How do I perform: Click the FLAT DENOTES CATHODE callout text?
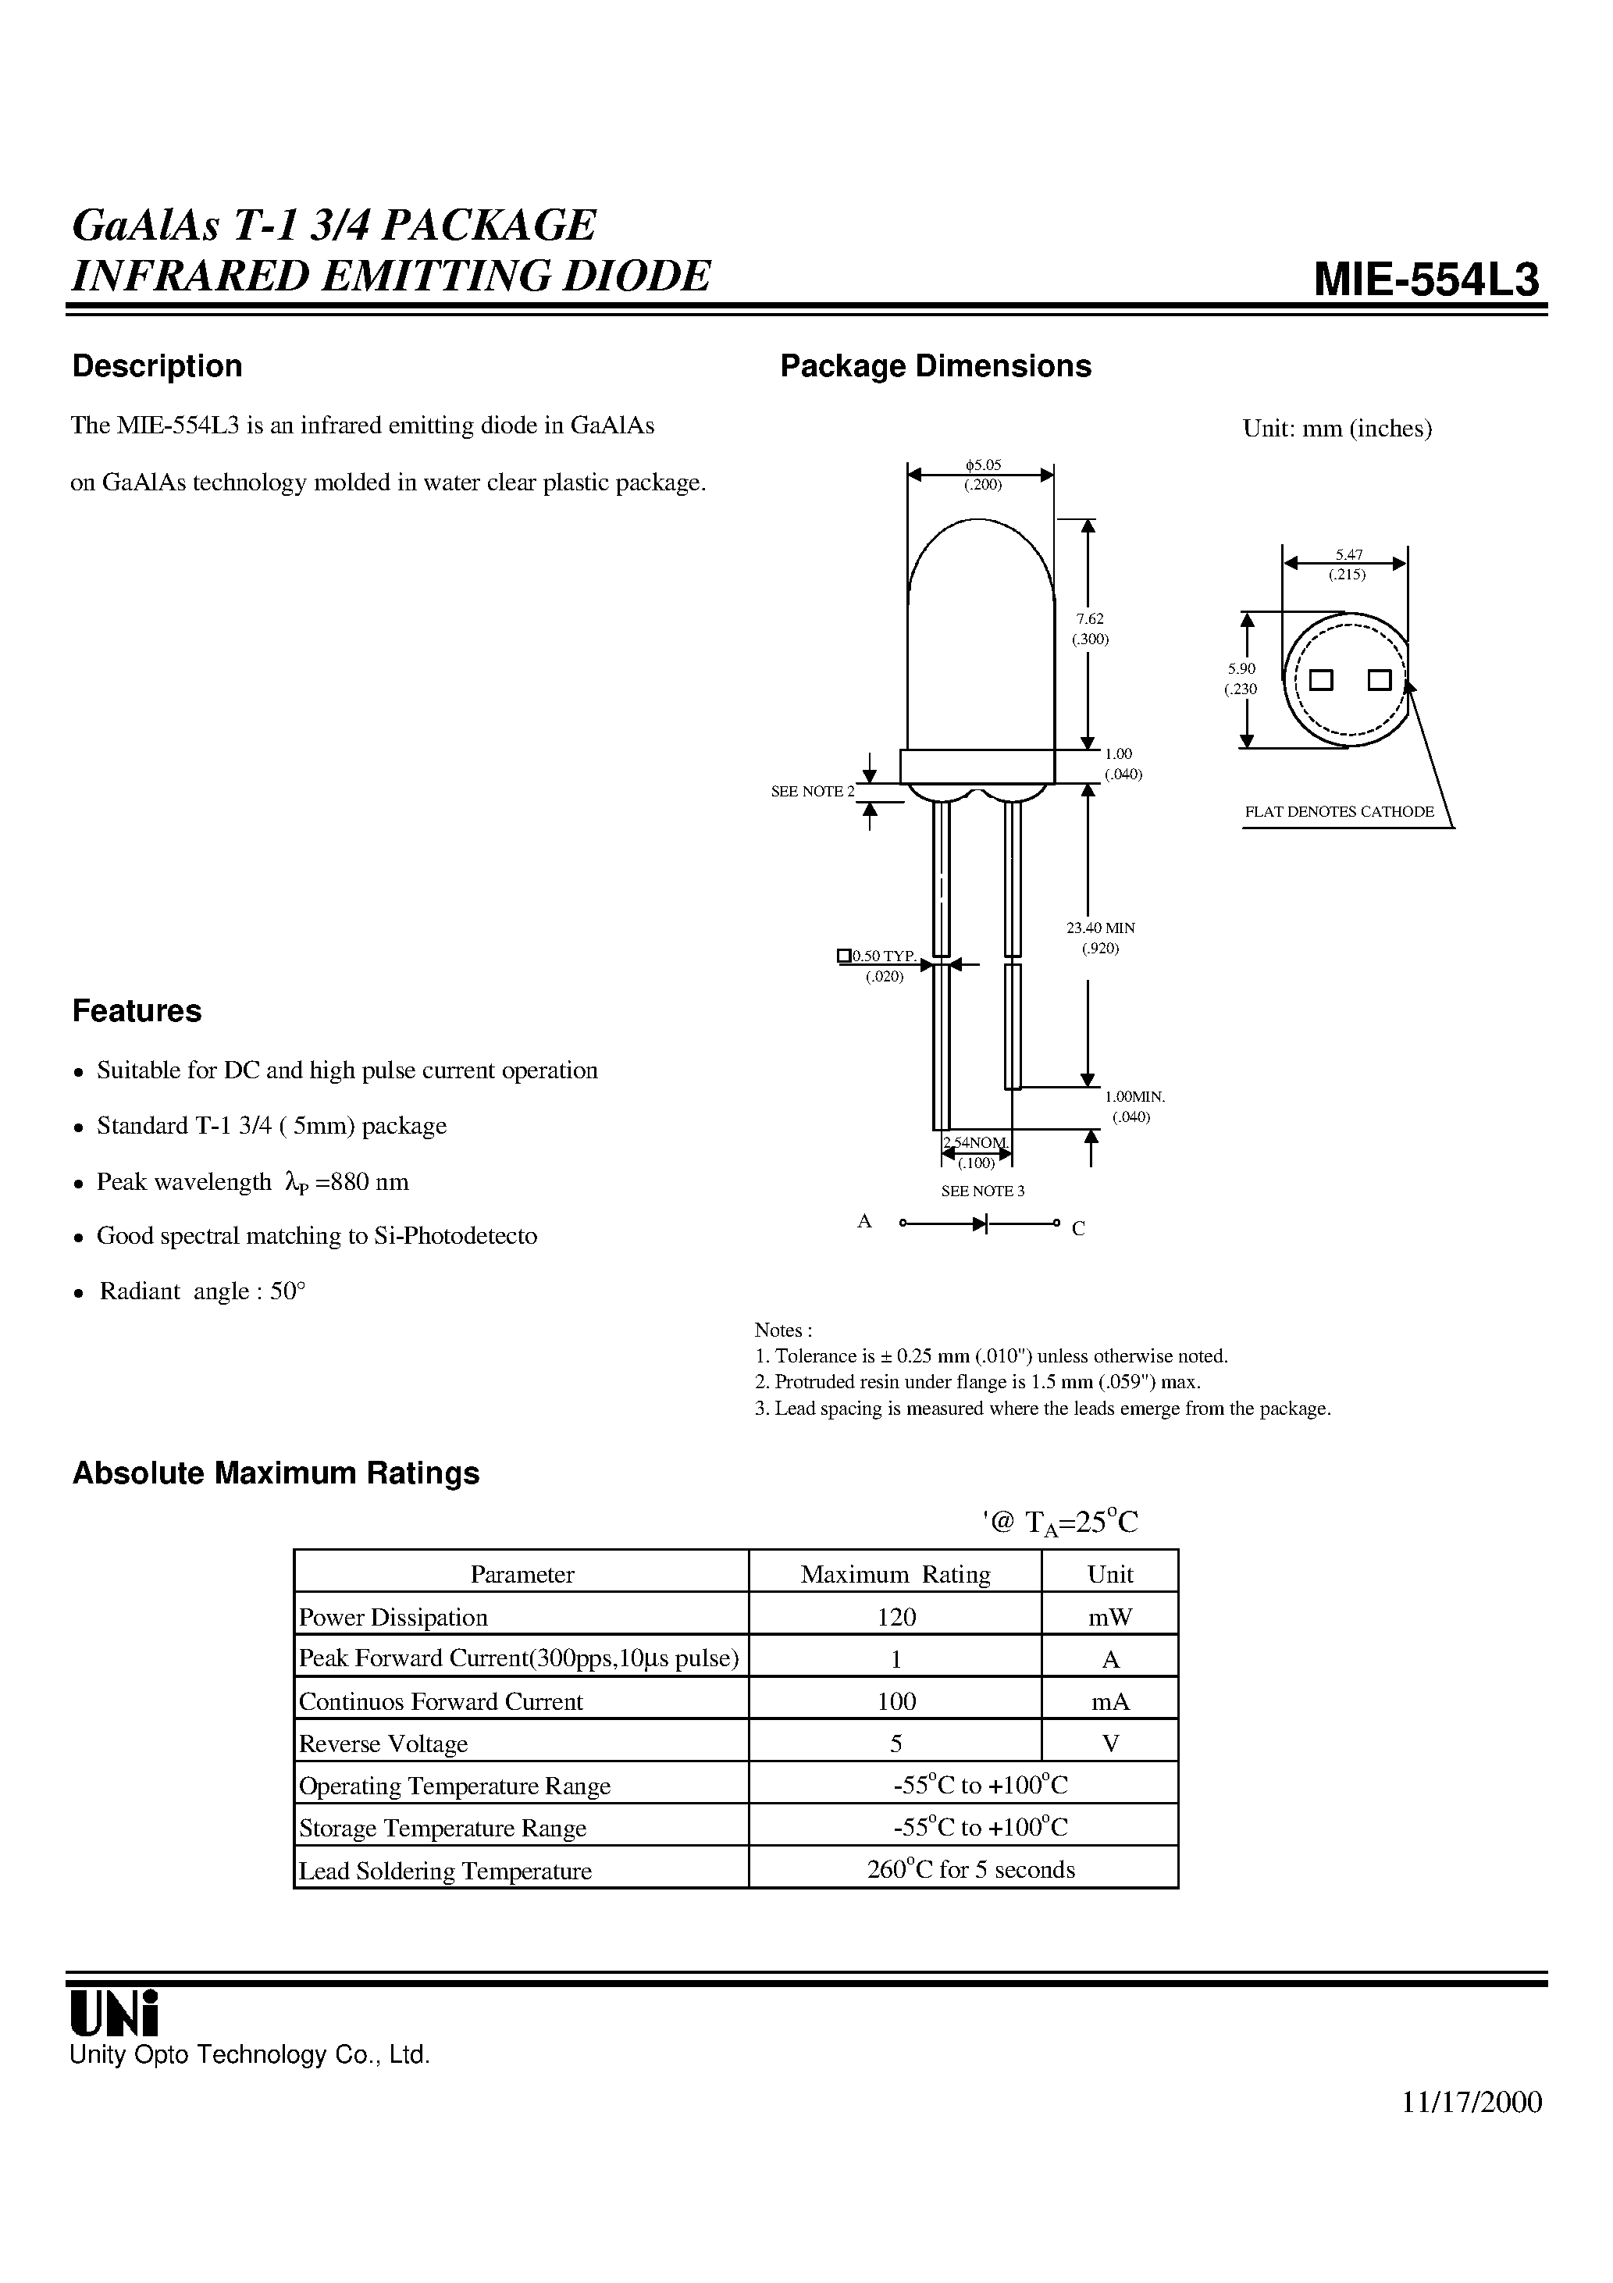click(1338, 811)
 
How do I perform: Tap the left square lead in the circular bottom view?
click(1321, 680)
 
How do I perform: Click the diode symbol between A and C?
click(980, 1223)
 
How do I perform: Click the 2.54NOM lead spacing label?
click(976, 1142)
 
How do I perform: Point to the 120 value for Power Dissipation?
click(896, 1618)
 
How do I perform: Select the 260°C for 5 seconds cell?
click(970, 1869)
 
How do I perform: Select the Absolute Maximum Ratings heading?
click(276, 1473)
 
